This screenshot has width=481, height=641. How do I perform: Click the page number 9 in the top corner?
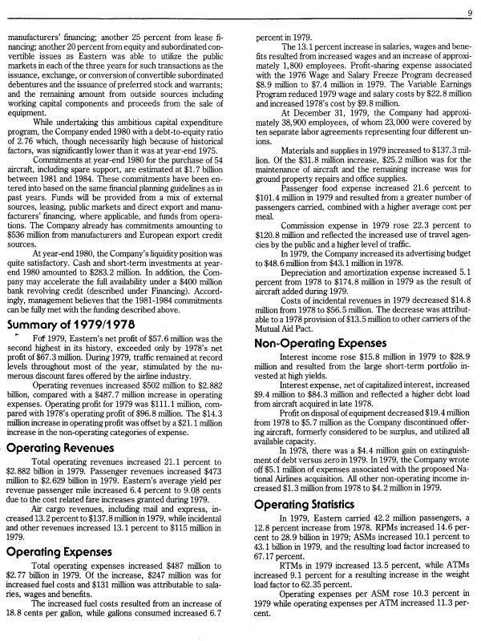click(470, 12)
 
